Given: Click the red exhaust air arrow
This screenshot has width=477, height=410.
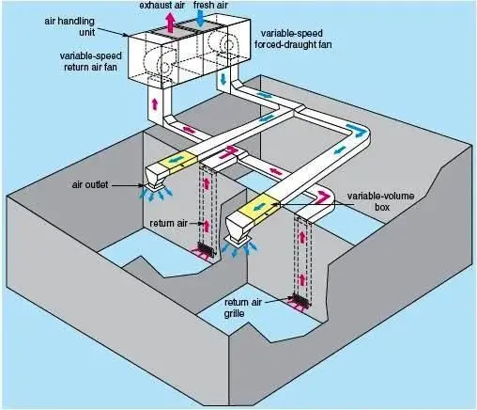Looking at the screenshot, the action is click(170, 22).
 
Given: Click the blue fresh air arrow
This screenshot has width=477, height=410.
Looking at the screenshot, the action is click(201, 18).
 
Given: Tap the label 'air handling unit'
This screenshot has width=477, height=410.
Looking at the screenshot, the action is click(69, 26).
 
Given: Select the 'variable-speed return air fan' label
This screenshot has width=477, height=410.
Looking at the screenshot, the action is click(90, 61).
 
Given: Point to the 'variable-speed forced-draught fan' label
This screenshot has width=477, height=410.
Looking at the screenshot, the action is click(293, 39).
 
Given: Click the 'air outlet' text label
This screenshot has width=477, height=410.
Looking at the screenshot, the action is click(90, 184).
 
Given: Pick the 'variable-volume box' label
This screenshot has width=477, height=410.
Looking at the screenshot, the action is click(380, 201).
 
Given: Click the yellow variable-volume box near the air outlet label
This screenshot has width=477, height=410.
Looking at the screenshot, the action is click(177, 162).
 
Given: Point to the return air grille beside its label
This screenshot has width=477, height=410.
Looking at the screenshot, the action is click(302, 300).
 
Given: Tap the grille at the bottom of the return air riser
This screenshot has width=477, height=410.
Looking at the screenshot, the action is click(207, 249).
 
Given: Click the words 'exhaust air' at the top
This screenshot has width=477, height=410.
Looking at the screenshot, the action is click(162, 5).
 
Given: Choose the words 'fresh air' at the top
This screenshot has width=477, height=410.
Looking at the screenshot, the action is click(210, 5).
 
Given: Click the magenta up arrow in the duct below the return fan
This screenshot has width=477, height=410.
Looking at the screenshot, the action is click(154, 103).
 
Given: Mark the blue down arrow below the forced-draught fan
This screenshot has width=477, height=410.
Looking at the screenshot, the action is click(223, 78).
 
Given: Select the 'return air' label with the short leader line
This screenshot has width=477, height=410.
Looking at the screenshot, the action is click(168, 223).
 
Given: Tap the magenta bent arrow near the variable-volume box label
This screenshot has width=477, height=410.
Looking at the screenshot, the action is click(324, 197).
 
